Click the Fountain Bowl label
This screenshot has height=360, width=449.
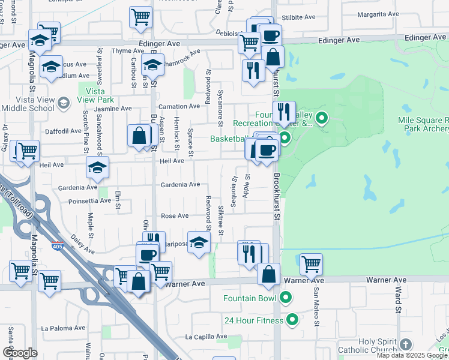pos(250,298)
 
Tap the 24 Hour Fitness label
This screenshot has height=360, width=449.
pos(253,320)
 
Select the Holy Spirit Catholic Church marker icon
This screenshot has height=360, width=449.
pos(406,344)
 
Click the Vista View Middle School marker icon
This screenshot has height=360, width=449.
pos(62,104)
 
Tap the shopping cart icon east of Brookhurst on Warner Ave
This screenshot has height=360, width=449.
pos(311,263)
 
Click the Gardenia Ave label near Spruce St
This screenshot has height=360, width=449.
pos(180,184)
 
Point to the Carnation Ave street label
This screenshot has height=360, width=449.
pos(178,106)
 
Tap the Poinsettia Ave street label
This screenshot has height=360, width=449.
pos(90,202)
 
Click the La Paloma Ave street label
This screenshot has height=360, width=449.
pos(61,328)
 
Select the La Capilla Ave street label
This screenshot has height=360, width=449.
pos(205,337)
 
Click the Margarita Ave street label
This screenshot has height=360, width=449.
pos(378,14)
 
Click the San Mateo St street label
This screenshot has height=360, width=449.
pos(316,306)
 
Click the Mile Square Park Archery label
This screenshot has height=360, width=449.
pos(424,124)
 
